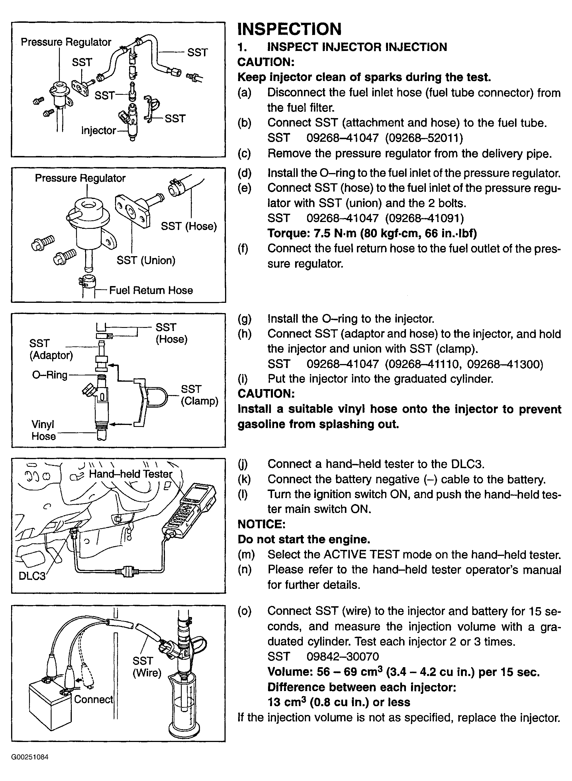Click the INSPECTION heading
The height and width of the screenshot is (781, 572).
[x=289, y=29]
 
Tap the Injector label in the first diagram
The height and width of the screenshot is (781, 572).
[x=98, y=130]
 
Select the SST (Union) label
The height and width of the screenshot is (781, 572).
[x=146, y=260]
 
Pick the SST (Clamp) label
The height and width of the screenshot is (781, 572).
[x=199, y=395]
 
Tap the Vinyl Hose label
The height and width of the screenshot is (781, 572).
[x=43, y=430]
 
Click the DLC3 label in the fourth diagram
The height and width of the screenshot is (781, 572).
[x=32, y=576]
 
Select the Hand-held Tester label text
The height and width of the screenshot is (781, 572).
[x=130, y=474]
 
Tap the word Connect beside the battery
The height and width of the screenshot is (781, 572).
[x=93, y=699]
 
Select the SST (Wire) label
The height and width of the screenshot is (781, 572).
[x=147, y=667]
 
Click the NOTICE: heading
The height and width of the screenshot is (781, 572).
[x=262, y=524]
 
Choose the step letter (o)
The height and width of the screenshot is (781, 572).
[x=244, y=611]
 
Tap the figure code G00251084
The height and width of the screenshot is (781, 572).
[x=30, y=757]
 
